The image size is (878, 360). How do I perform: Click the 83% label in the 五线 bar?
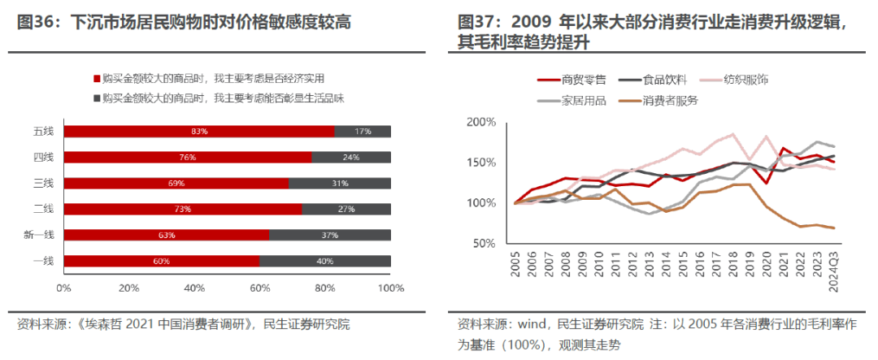click(199, 132)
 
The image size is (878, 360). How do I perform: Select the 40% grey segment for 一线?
click(325, 262)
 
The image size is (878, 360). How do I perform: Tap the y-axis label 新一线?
click(39, 236)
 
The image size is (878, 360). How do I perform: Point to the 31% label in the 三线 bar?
click(340, 184)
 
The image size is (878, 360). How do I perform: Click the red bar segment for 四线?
click(186, 158)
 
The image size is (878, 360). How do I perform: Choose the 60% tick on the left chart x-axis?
click(260, 288)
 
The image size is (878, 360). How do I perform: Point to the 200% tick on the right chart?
click(480, 122)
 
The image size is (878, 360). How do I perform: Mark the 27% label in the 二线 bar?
click(346, 210)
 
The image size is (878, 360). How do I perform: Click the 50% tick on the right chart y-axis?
click(483, 244)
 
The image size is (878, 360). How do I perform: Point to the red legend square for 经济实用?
click(97, 79)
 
